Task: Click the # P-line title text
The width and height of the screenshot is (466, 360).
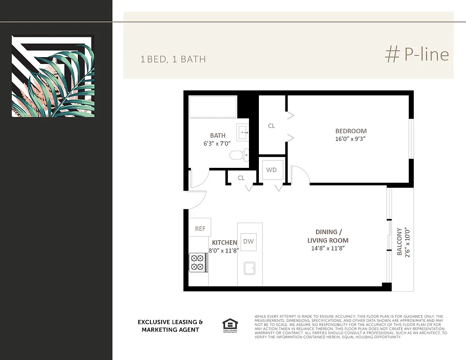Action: tap(417, 54)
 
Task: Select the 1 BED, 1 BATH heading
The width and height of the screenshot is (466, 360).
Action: tap(173, 59)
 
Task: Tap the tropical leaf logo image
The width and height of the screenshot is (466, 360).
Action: tap(53, 76)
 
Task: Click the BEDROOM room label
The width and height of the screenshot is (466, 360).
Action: tap(351, 131)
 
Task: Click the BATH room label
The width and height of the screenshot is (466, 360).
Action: tap(217, 135)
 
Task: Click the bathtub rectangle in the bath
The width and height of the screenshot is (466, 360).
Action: tap(213, 107)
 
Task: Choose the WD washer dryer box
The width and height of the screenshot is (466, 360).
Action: tap(271, 170)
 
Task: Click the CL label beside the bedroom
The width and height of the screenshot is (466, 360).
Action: tap(271, 126)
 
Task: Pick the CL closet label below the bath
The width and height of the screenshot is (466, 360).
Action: tap(241, 178)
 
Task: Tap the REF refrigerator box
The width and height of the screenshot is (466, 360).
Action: tap(200, 229)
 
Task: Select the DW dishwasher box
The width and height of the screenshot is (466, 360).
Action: tap(249, 241)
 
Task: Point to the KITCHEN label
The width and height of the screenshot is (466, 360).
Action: tap(224, 243)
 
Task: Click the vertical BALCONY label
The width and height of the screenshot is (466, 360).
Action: tap(399, 242)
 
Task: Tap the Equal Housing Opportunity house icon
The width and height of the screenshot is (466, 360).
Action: tap(230, 324)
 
